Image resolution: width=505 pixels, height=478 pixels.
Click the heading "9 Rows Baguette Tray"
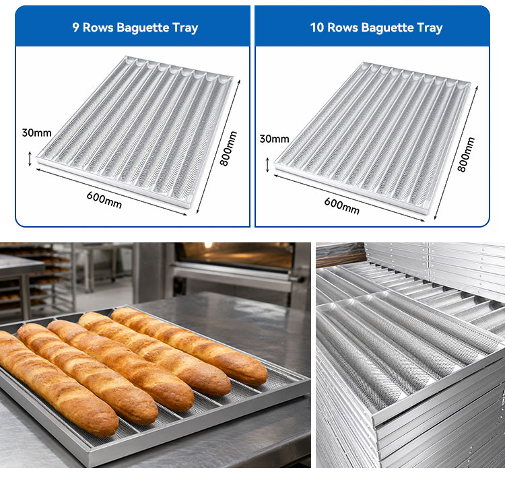(135, 28)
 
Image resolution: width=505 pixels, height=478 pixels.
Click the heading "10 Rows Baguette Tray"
(376, 28)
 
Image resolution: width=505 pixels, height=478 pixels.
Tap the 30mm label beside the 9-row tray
(37, 133)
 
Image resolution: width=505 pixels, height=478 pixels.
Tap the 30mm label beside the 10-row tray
(275, 139)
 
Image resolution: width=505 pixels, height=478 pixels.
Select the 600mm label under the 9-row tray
(104, 200)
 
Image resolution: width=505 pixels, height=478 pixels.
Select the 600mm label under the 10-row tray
(341, 206)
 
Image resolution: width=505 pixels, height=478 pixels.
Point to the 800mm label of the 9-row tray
(228, 149)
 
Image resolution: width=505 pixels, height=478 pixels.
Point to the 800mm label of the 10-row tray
(466, 155)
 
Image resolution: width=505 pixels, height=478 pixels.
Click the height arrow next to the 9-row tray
(30, 159)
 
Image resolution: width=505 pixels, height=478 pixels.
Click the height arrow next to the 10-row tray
(267, 164)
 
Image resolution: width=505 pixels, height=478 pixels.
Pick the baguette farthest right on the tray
(190, 345)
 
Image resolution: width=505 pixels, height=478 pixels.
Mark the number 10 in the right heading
(317, 28)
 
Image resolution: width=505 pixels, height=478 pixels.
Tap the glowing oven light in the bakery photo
(208, 245)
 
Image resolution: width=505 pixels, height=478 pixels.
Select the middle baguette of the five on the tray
(121, 366)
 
